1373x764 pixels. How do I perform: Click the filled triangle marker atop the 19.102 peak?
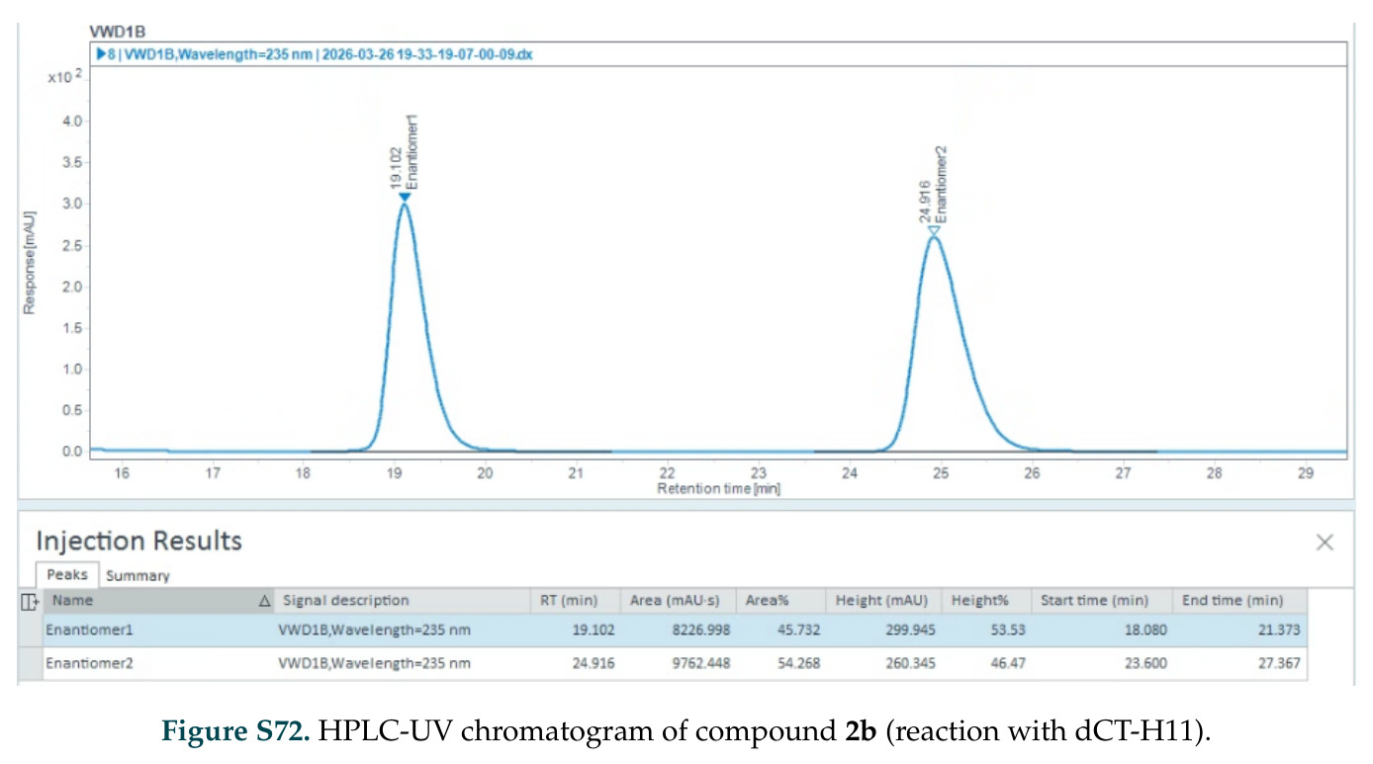[x=405, y=198]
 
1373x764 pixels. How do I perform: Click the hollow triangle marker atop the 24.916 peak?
[x=934, y=231]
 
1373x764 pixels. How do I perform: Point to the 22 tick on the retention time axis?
[x=667, y=473]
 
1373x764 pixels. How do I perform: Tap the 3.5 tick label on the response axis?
[x=71, y=162]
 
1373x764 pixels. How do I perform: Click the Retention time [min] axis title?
[x=718, y=489]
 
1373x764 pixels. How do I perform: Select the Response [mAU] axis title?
[x=29, y=263]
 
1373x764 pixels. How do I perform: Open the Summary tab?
[x=137, y=576]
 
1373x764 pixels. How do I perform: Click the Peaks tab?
[x=67, y=574]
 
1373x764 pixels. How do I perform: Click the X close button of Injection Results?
[x=1325, y=543]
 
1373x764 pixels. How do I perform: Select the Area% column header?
[x=767, y=600]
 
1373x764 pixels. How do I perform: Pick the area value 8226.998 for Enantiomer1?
[x=700, y=630]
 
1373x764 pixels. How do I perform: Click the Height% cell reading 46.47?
[x=1008, y=663]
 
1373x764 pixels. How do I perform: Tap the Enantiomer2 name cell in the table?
[x=89, y=663]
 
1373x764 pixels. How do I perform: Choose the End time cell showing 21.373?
[x=1279, y=630]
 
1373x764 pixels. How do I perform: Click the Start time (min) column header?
[x=1094, y=600]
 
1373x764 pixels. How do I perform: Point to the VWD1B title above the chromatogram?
[x=117, y=32]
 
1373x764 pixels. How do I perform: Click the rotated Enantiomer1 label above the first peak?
[x=412, y=152]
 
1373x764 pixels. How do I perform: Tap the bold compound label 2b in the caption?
[x=861, y=730]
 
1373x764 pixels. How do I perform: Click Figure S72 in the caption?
[x=235, y=731]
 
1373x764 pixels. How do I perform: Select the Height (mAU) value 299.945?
[x=910, y=630]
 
